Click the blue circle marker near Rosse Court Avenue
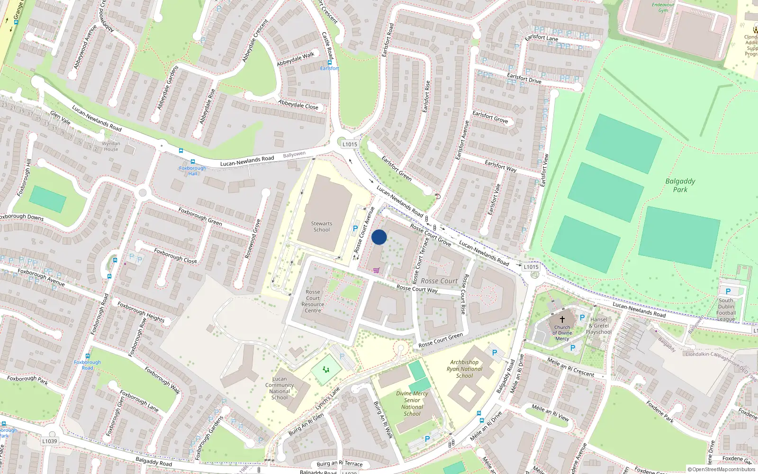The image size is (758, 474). (379, 237)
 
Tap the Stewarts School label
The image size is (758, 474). (322, 227)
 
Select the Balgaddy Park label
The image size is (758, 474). (680, 185)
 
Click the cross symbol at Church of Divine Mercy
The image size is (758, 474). (562, 319)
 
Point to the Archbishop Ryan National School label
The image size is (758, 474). (464, 369)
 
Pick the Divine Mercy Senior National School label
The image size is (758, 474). (412, 403)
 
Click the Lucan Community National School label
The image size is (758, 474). (280, 388)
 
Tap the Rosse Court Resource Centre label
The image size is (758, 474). (313, 301)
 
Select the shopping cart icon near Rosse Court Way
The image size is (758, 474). (376, 270)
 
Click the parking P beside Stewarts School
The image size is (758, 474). (355, 228)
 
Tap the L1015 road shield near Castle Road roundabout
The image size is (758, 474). (350, 144)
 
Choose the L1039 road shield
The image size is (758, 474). (50, 441)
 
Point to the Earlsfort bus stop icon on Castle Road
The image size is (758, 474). (330, 62)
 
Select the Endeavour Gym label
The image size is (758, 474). (663, 8)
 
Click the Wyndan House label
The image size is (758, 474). (111, 146)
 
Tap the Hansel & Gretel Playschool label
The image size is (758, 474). (599, 326)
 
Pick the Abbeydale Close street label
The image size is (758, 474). (298, 105)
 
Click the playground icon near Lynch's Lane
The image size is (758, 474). (326, 369)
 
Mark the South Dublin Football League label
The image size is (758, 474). (726, 310)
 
